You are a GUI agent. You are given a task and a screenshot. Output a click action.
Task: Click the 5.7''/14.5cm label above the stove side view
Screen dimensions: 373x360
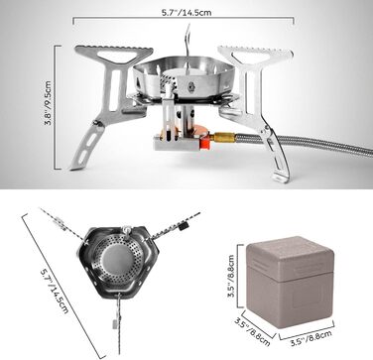(x=186, y=13)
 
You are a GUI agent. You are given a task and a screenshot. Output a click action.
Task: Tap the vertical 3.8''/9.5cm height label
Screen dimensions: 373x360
(x=49, y=103)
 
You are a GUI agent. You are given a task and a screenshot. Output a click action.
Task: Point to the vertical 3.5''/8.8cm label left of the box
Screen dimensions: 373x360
(x=231, y=276)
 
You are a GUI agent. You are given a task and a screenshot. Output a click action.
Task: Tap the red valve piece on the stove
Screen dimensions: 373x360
(x=203, y=144)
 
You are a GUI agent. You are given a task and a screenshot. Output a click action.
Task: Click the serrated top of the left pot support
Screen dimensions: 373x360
(x=114, y=50)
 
